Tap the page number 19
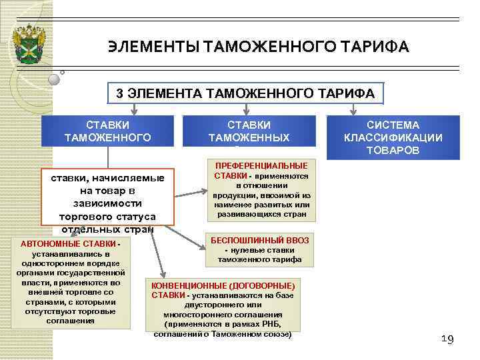tap(447, 340)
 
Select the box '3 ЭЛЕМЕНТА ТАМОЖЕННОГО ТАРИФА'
tap(246, 93)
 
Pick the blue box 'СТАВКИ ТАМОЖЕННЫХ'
tap(249, 131)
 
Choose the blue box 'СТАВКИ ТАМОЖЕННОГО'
tap(107, 131)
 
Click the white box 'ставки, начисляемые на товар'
tap(107, 197)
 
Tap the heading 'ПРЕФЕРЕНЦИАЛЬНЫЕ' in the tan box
tap(260, 165)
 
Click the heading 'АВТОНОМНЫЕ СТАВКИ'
tap(68, 243)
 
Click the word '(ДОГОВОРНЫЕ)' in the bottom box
tap(261, 285)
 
